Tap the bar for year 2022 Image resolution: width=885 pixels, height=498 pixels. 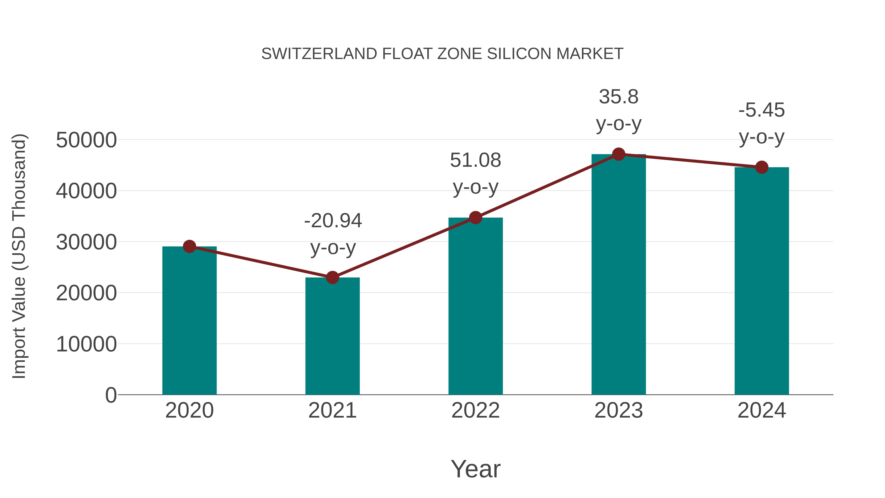point(475,306)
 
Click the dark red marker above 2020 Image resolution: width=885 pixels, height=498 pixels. point(189,246)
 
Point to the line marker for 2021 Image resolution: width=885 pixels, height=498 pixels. point(332,277)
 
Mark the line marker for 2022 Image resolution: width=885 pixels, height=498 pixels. point(475,218)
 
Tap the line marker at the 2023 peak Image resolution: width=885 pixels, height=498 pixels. point(619,154)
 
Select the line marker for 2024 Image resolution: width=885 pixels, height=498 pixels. point(762,167)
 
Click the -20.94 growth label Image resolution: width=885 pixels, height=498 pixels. point(333,221)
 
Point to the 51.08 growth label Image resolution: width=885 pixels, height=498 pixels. point(475,161)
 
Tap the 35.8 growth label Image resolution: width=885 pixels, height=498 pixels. point(619,97)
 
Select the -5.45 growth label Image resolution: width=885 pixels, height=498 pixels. point(762,110)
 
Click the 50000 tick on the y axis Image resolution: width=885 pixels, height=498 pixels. point(86,140)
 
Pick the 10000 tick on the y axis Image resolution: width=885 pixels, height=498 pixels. point(86,344)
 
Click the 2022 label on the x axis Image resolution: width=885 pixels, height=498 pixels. point(475,410)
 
